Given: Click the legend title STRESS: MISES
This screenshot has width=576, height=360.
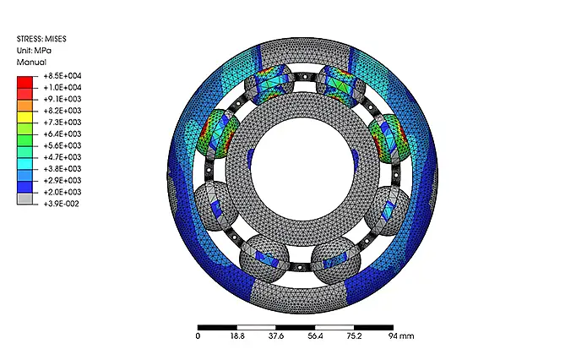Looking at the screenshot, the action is point(41,39).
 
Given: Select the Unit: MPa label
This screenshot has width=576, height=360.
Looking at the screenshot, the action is point(34,51).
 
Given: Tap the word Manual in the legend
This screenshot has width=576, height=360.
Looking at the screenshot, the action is point(31,63).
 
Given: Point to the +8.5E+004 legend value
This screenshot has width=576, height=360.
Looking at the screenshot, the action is point(62,76).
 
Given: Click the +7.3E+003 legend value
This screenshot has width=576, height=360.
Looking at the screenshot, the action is point(62,122).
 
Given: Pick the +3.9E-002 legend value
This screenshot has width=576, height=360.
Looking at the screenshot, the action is point(61,204).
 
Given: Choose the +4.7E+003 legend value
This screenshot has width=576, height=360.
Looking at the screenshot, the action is point(62,157).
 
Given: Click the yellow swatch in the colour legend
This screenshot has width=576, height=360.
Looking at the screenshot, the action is point(24,117).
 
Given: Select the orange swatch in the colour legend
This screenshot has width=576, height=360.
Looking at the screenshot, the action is point(24,106).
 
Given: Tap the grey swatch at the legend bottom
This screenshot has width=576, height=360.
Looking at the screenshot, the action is point(24,199).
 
